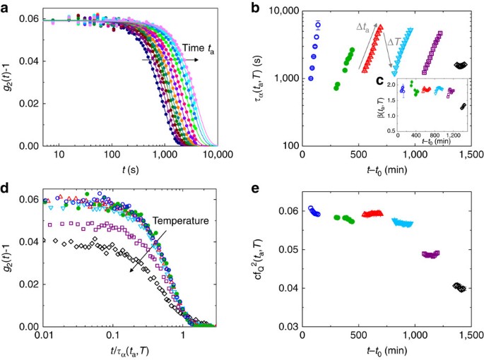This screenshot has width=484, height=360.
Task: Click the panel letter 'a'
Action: (7, 7)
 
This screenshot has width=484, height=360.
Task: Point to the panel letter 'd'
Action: (7, 188)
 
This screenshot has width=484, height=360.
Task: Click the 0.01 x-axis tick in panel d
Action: (42, 337)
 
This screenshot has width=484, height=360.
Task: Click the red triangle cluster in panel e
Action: (372, 213)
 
